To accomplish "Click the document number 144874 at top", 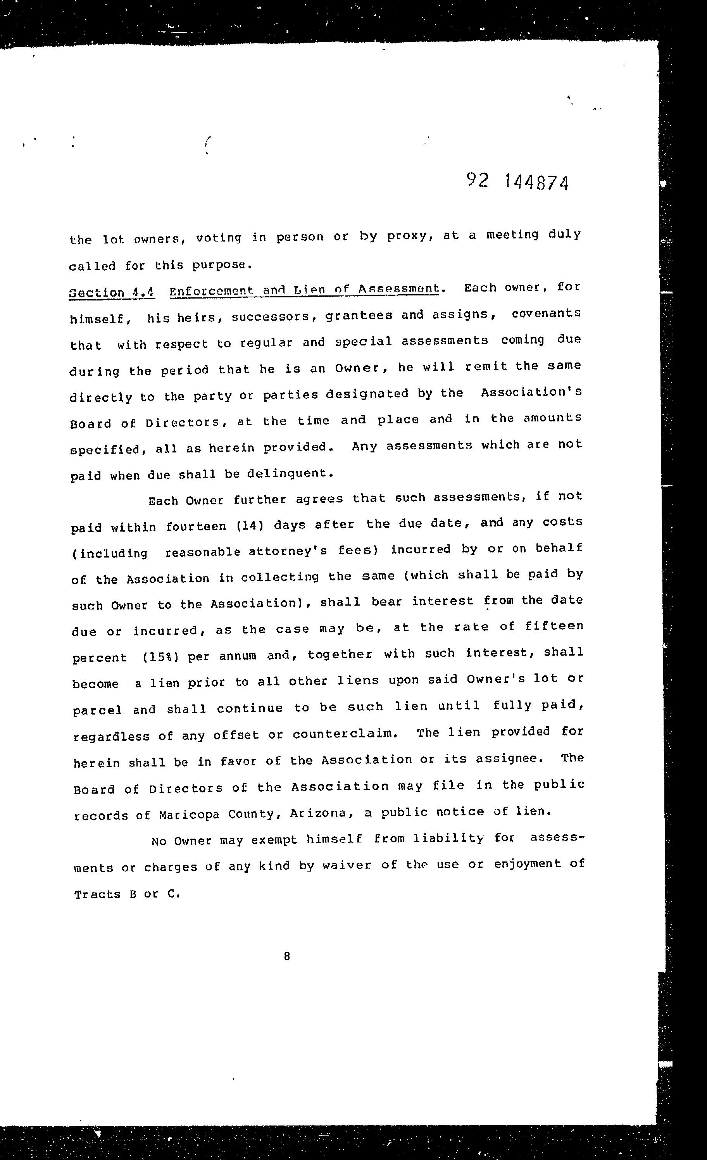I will (x=536, y=182).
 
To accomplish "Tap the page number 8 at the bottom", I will (x=287, y=956).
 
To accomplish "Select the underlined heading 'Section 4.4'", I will (x=112, y=292).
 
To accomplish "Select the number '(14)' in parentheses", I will (x=250, y=525).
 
